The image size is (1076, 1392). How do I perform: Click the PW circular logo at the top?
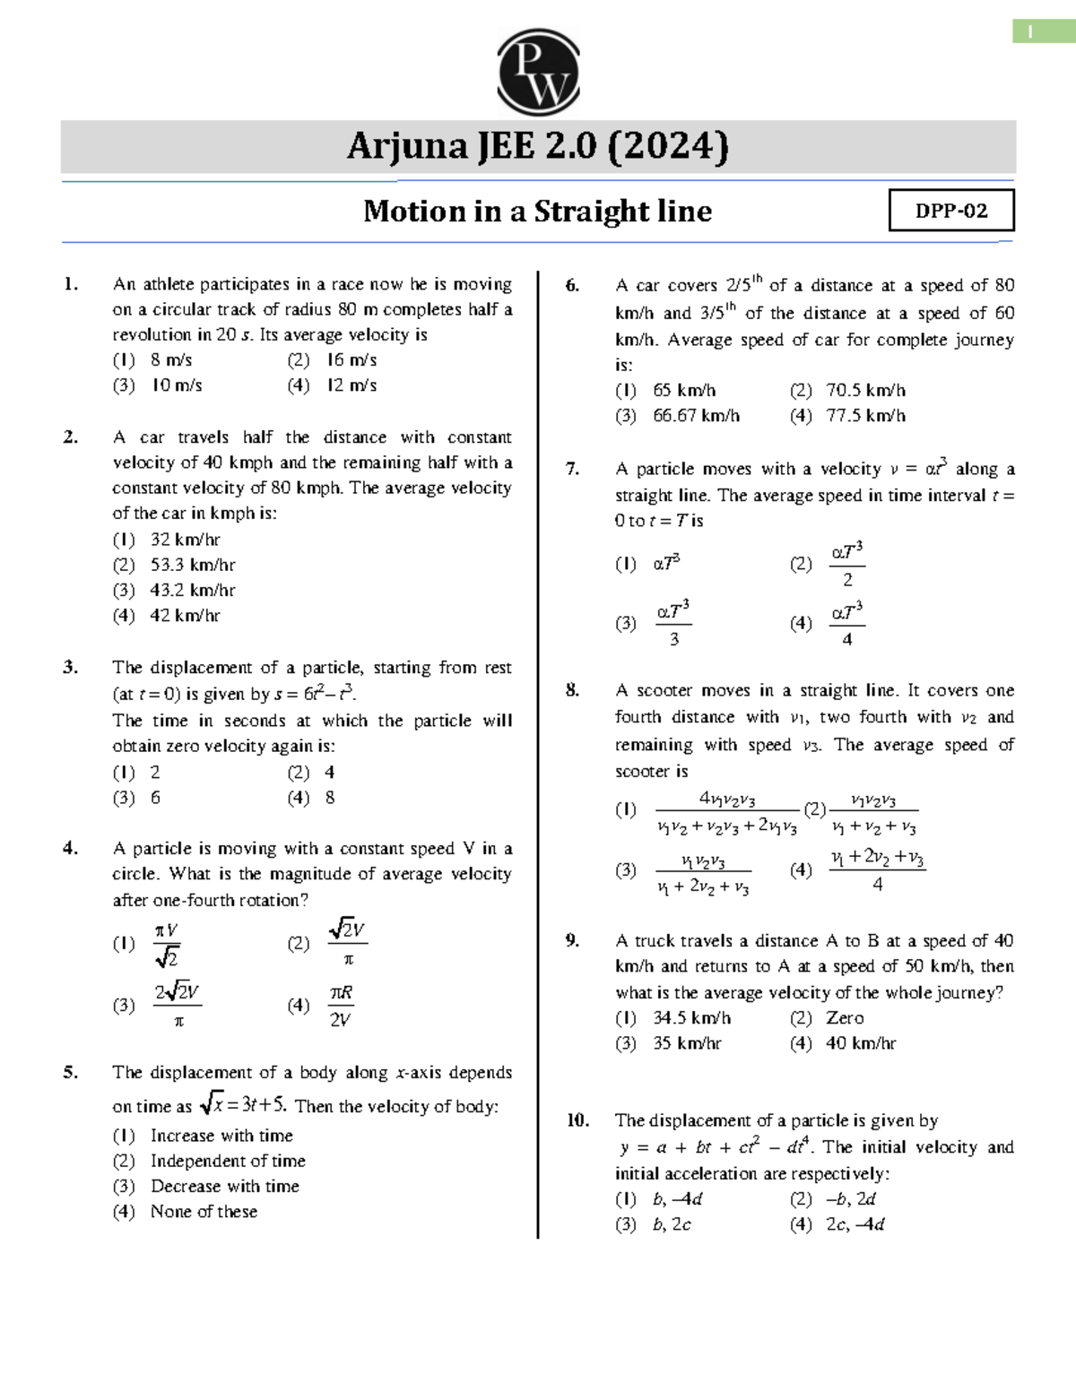538,72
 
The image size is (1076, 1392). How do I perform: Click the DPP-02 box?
951,211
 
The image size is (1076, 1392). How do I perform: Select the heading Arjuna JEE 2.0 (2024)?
538,146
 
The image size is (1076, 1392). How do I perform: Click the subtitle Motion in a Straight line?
538,212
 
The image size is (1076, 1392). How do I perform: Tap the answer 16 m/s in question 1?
351,360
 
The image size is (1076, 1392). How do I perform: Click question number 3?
71,667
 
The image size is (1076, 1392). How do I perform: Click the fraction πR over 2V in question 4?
340,1006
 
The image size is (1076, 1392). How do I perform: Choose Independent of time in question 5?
228,1161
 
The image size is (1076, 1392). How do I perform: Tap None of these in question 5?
204,1212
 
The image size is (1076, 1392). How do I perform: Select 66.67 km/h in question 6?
696,416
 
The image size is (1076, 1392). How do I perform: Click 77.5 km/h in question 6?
865,416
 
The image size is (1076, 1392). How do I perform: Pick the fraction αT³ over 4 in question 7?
846,624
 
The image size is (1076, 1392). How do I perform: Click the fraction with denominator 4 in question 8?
876,870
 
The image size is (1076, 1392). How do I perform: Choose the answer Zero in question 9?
845,1018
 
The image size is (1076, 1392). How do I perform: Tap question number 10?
577,1120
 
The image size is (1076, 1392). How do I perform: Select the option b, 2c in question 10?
672,1224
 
